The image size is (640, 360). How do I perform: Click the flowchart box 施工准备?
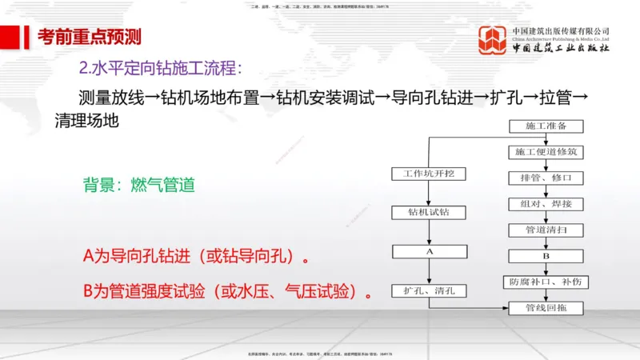(x=546, y=126)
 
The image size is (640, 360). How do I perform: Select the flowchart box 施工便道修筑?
(x=546, y=151)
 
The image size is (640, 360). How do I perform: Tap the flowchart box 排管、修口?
(x=546, y=177)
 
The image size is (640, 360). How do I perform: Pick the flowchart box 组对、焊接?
(x=546, y=203)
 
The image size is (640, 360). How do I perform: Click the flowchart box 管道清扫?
(x=546, y=230)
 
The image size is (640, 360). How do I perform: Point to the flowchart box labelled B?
(x=546, y=256)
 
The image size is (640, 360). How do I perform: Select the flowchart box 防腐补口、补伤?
(x=546, y=282)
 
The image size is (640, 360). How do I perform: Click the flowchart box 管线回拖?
(x=546, y=308)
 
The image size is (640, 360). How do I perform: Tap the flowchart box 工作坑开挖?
(x=429, y=174)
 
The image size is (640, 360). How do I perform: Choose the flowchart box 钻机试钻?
(x=429, y=212)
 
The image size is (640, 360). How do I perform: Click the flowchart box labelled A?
(x=429, y=250)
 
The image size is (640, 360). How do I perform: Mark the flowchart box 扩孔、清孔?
(x=429, y=290)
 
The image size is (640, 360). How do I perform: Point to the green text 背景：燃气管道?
(x=138, y=186)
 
